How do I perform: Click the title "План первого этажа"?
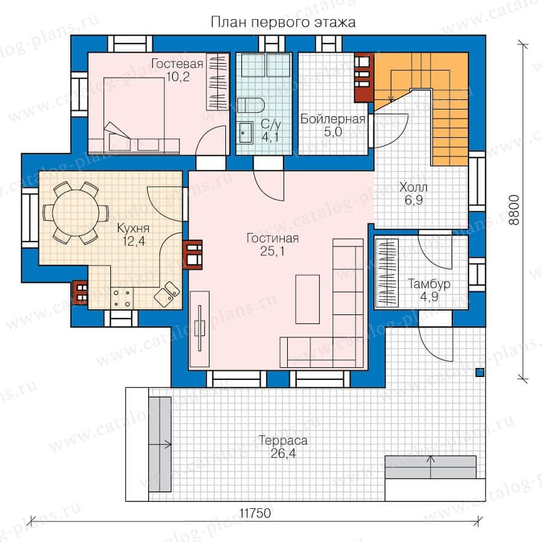pos(283,22)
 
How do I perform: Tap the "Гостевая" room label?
pos(177,64)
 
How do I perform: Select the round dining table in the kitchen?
pos(76,213)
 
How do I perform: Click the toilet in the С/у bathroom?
pos(251,105)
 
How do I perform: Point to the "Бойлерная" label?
pos(332,119)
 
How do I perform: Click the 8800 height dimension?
pos(514,210)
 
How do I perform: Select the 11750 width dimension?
pos(255,513)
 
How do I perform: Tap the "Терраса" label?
pos(283,440)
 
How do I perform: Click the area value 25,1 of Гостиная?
pos(272,251)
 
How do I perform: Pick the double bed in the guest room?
pos(134,114)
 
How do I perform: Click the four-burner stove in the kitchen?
pos(122,298)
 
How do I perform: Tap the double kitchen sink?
pos(167,294)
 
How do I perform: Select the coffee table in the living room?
pos(307,299)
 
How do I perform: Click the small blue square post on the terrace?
pos(479,373)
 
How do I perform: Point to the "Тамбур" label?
pos(429,284)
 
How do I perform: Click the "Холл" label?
pos(413,187)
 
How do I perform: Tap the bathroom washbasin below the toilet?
pos(246,132)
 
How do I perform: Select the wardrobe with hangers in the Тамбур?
pos(387,273)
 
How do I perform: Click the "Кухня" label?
pos(133,228)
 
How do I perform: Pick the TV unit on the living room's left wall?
pos(200,329)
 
